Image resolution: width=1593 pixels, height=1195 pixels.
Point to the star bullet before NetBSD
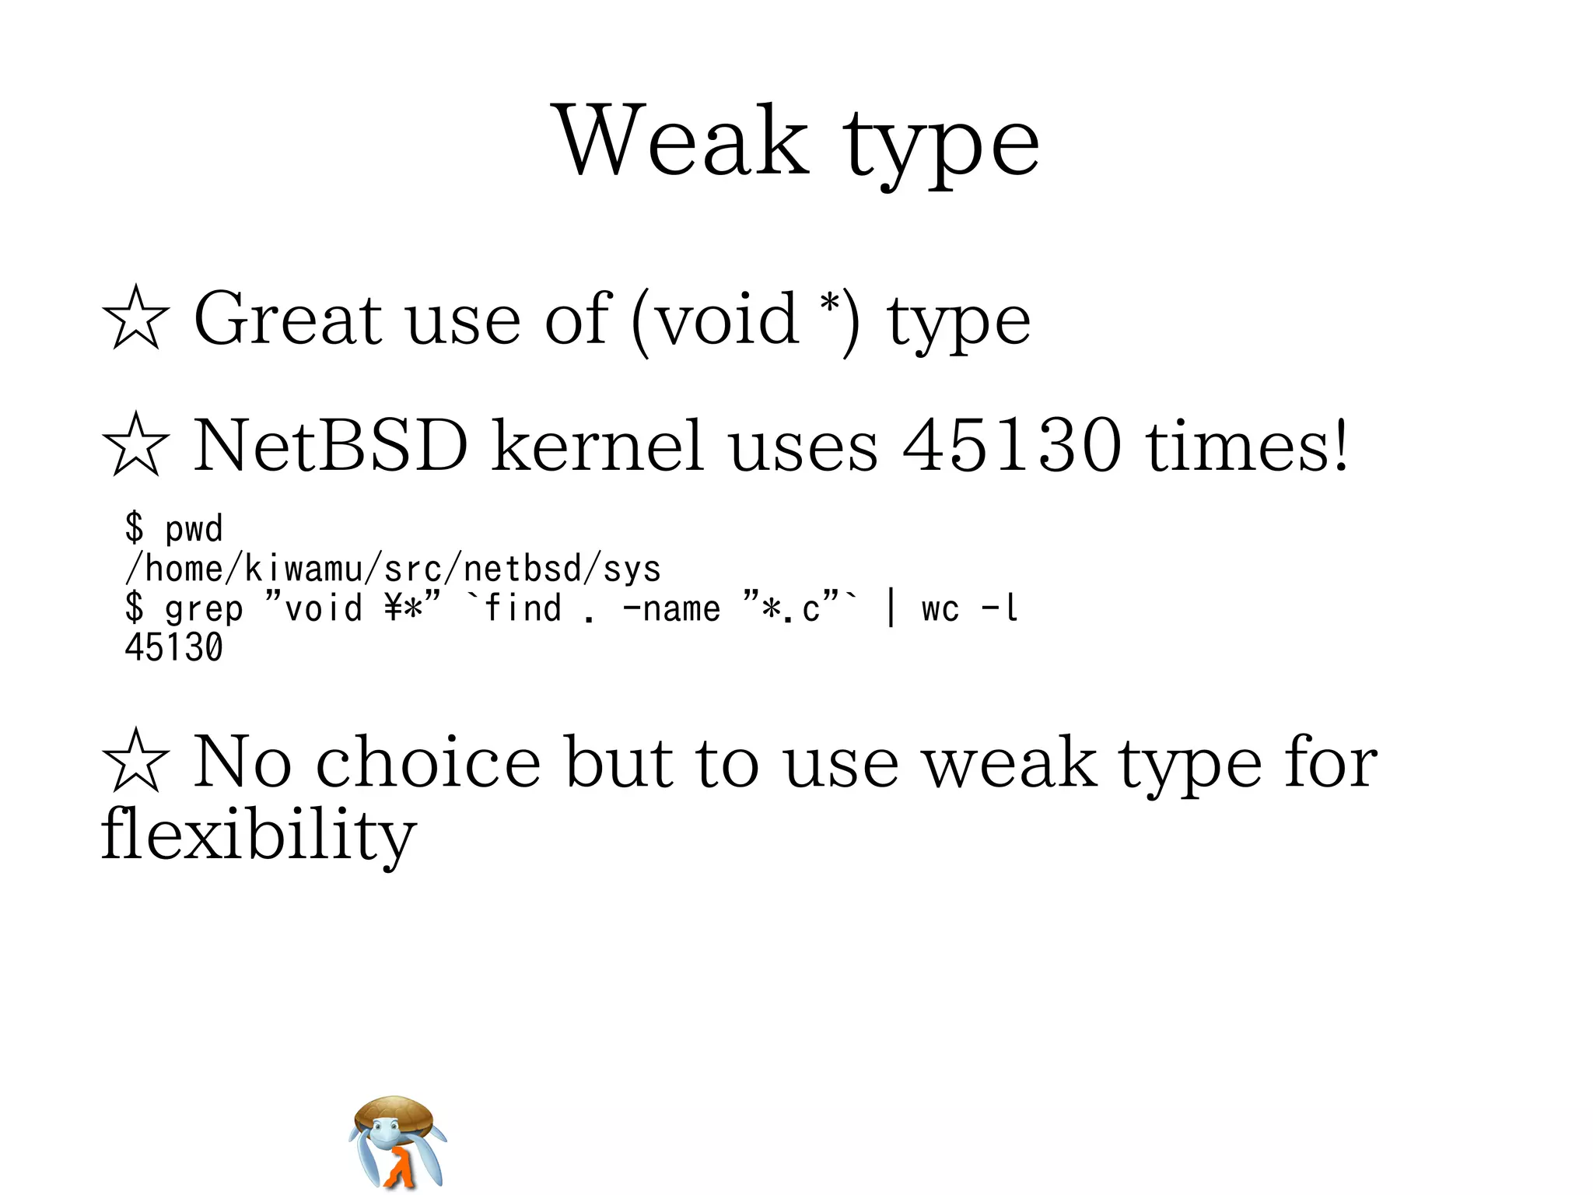[135, 445]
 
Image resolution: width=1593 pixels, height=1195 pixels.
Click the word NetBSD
[331, 445]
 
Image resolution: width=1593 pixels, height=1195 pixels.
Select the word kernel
[598, 445]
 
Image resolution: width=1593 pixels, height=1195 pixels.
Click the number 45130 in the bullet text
[1011, 445]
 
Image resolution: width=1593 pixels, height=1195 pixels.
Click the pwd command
[194, 529]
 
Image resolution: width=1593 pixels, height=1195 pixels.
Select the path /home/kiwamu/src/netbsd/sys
[393, 569]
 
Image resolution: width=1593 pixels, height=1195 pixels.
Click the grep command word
[204, 609]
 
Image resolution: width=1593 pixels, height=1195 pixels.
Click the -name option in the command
[671, 608]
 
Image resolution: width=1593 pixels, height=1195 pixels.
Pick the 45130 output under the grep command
[173, 648]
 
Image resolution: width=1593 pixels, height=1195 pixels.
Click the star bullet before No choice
[135, 762]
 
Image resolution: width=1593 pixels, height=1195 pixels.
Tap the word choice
[428, 762]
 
